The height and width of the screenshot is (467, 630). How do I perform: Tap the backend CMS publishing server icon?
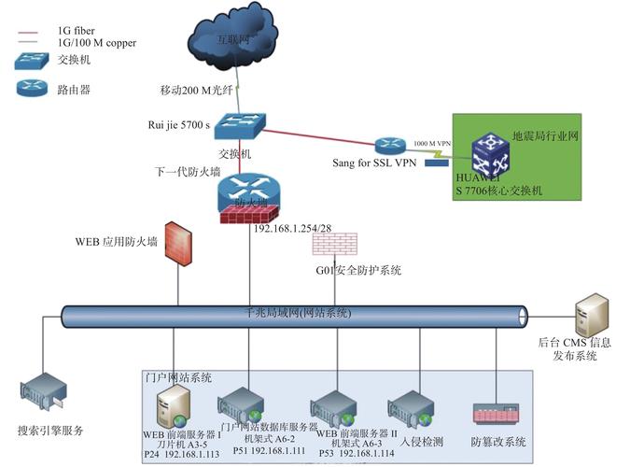click(x=592, y=315)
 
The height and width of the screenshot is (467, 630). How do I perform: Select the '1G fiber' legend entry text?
click(x=77, y=32)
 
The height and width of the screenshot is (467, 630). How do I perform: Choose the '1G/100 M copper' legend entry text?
click(x=94, y=43)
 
